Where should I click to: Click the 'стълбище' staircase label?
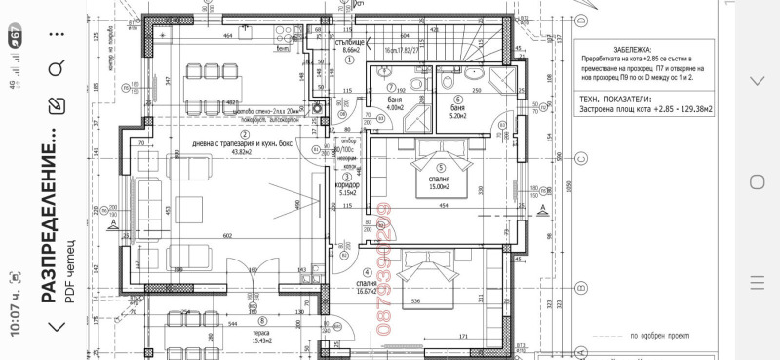(x=349, y=44)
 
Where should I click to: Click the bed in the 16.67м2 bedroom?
(x=430, y=276)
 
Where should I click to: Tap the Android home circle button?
(x=756, y=180)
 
